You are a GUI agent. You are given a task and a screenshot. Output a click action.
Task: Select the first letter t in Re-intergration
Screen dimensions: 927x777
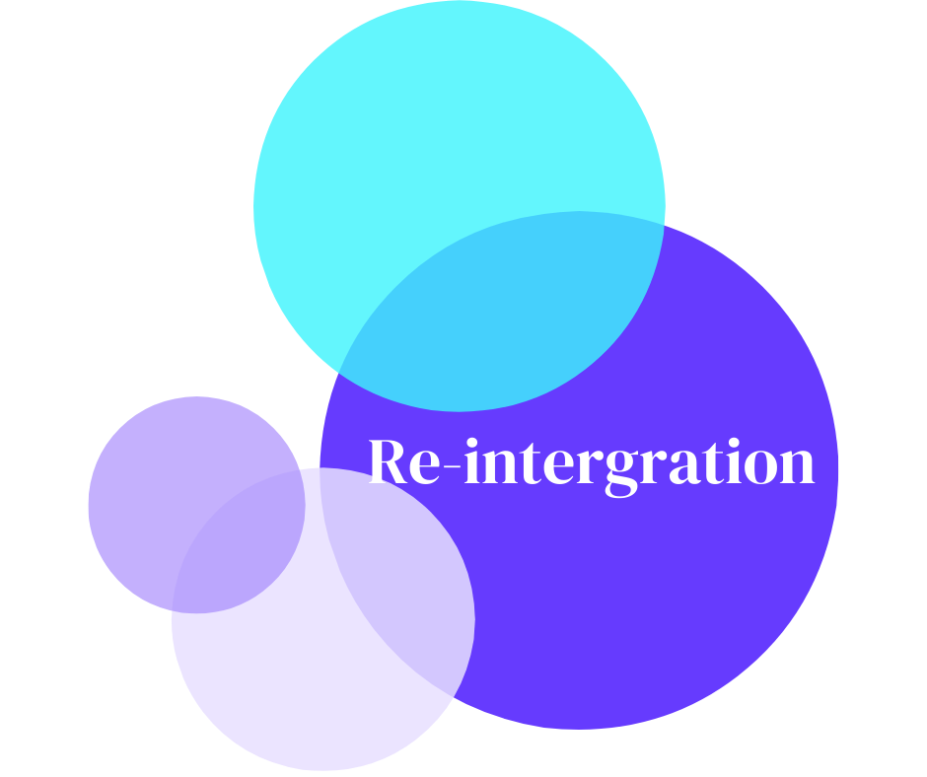tap(534, 463)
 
